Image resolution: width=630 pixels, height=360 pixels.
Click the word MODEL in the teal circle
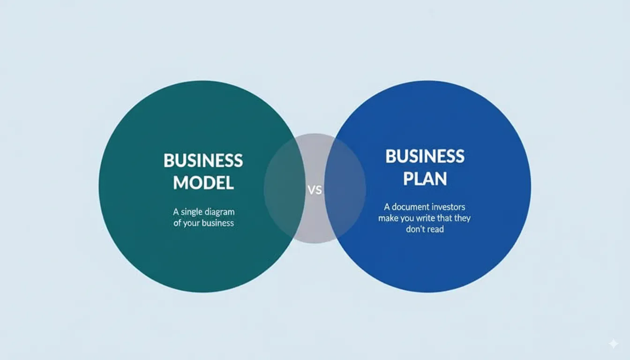pyautogui.click(x=203, y=182)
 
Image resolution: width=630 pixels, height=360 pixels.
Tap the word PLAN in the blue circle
pyautogui.click(x=425, y=178)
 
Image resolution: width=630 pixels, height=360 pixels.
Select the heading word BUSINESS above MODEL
pyautogui.click(x=203, y=161)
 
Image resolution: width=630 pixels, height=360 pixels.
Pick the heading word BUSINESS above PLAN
pyautogui.click(x=425, y=156)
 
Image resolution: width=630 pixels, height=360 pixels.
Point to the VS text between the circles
pyautogui.click(x=315, y=190)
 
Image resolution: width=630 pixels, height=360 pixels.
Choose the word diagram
pyautogui.click(x=220, y=212)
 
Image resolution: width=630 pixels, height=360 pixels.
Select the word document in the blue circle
pyautogui.click(x=410, y=207)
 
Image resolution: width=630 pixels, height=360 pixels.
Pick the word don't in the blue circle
pyautogui.click(x=415, y=230)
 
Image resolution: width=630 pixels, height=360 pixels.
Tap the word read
pyautogui.click(x=435, y=230)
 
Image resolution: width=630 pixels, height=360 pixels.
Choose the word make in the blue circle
pyautogui.click(x=388, y=218)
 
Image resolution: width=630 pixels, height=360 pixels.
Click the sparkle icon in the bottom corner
pyautogui.click(x=613, y=344)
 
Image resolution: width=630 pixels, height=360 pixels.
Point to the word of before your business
pyautogui.click(x=177, y=223)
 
